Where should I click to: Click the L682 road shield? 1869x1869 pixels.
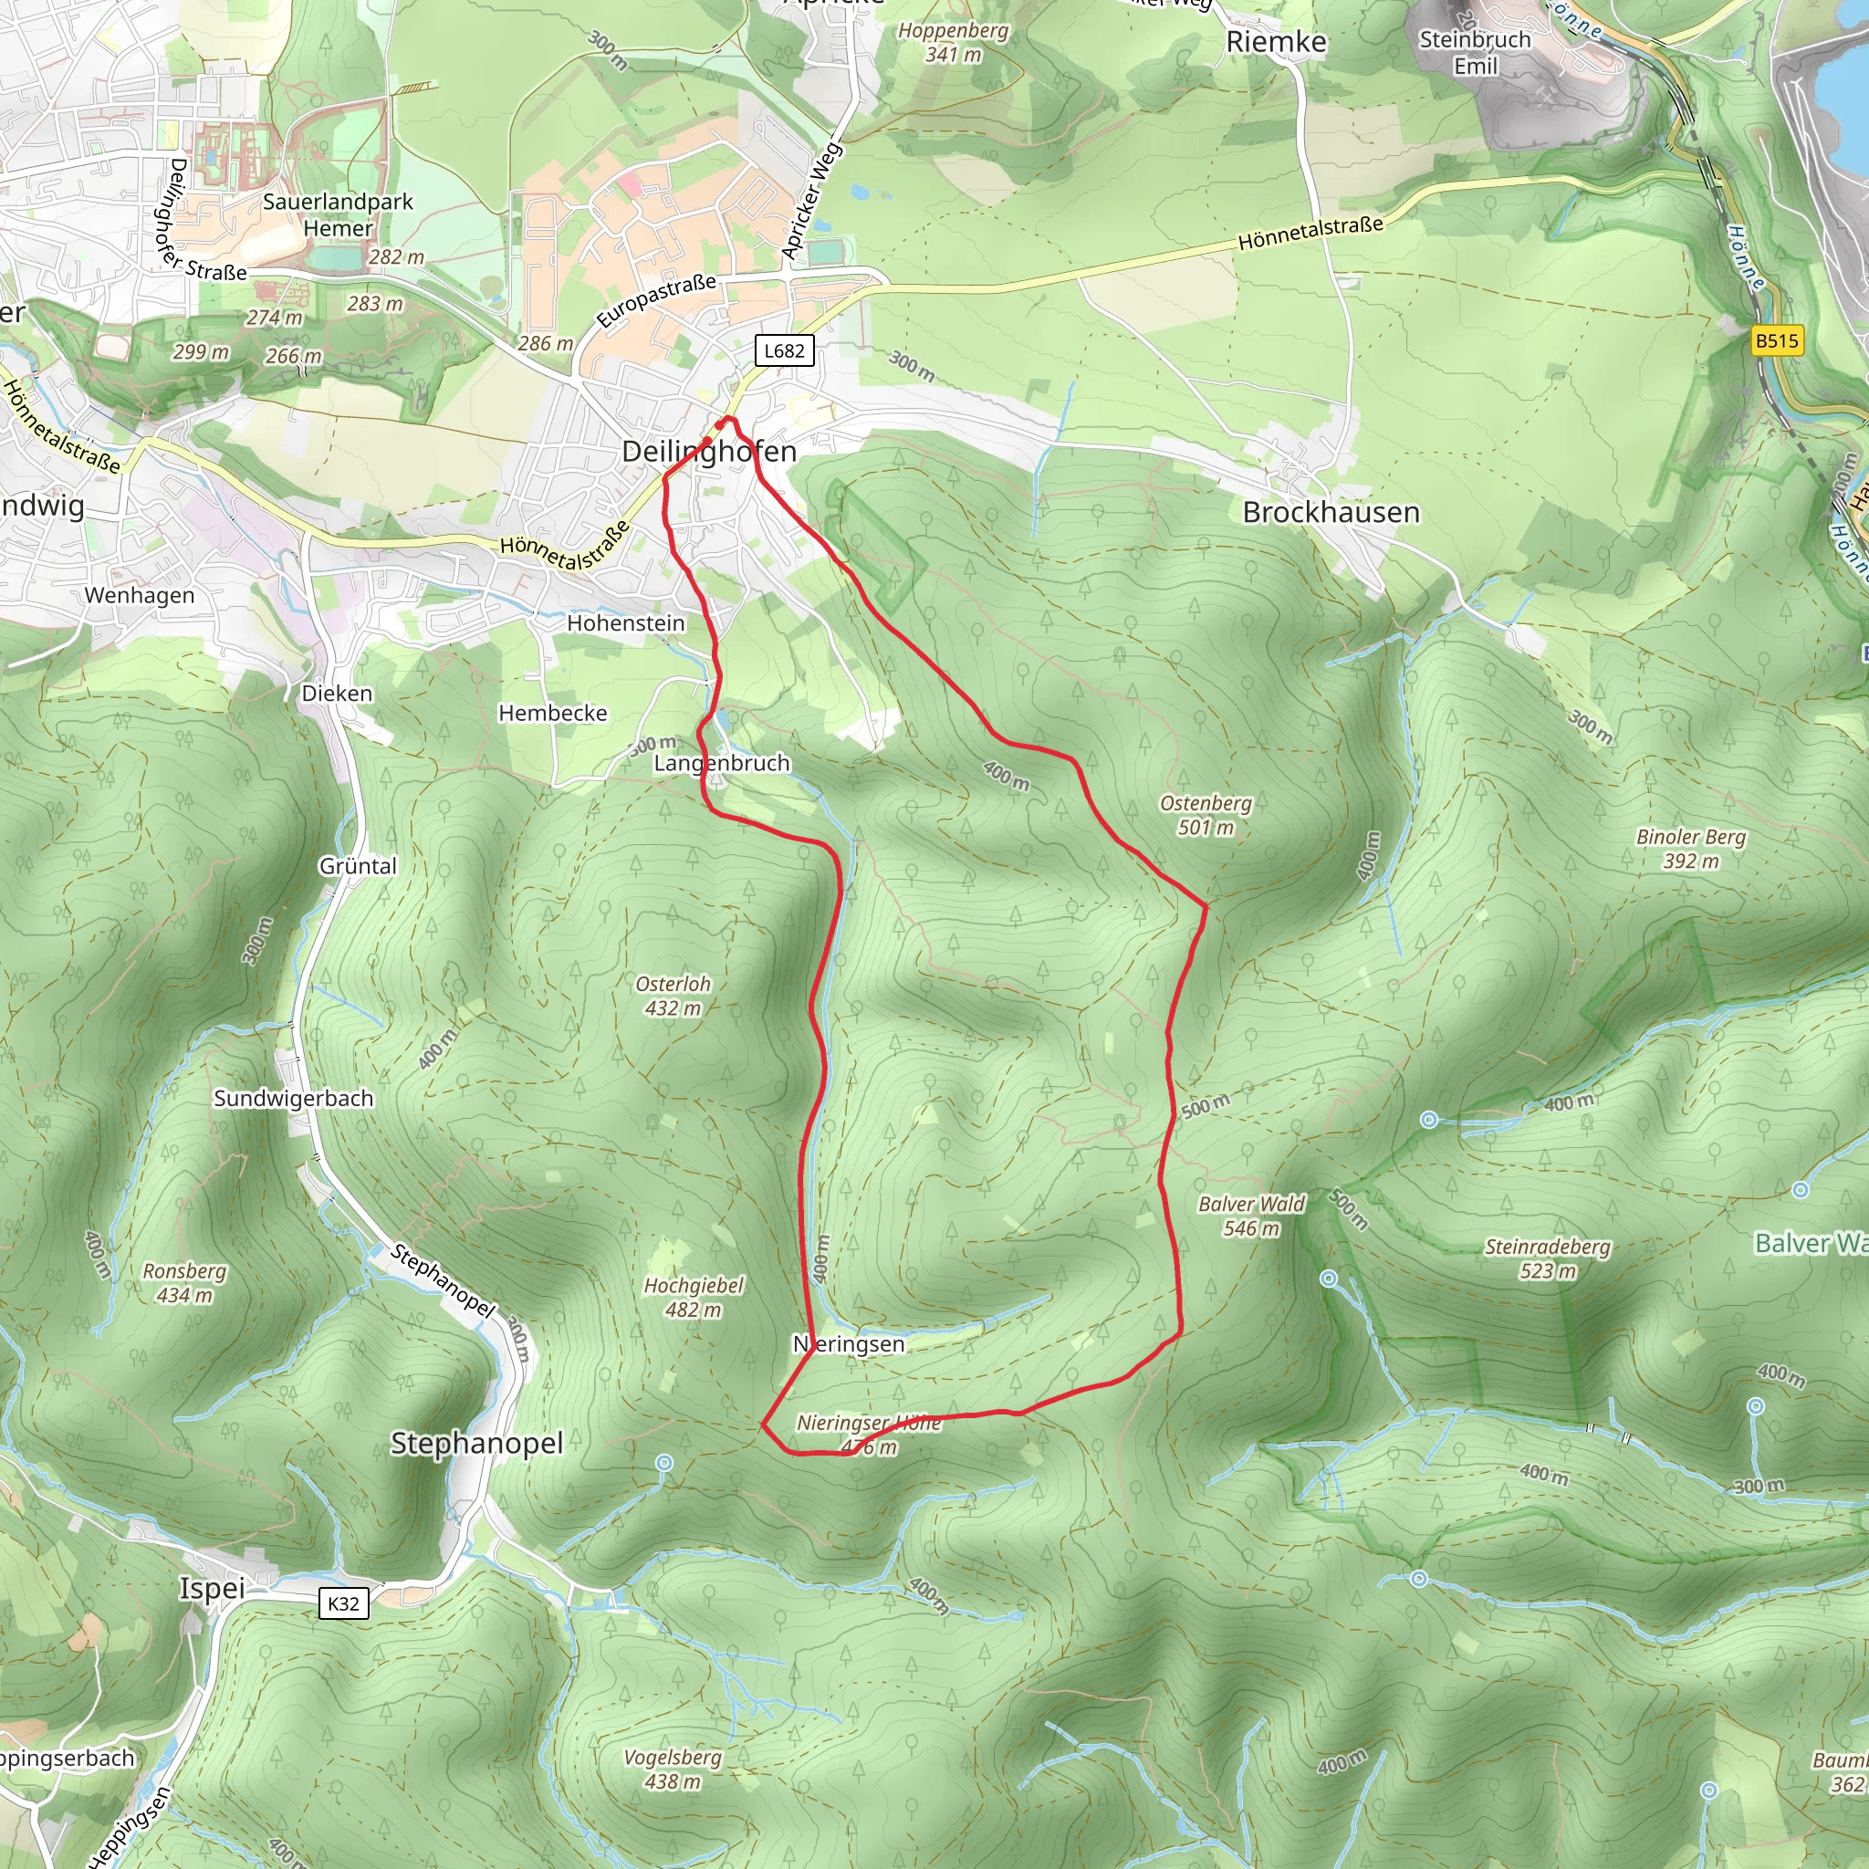[784, 350]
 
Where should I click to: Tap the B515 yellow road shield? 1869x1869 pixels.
[1777, 340]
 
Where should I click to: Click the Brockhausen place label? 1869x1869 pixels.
[1331, 512]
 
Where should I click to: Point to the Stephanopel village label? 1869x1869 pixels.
[477, 1443]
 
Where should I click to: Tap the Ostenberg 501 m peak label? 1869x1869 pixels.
[1206, 815]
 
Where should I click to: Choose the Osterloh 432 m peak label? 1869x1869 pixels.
[673, 996]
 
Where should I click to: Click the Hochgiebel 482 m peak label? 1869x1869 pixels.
[694, 1298]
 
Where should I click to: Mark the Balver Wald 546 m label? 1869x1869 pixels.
[1251, 1216]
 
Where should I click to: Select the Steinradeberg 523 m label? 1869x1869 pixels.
[1548, 1258]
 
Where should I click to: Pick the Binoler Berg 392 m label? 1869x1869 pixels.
[1691, 849]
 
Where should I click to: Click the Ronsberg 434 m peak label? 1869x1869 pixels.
[184, 1283]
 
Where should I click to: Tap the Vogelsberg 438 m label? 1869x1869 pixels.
[673, 1770]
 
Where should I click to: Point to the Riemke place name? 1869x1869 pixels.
[1276, 42]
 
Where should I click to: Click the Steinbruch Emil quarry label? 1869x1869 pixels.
[1476, 52]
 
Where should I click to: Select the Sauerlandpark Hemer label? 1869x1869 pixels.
[338, 214]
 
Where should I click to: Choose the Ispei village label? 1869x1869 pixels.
[212, 1589]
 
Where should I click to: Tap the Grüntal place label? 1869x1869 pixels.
[358, 866]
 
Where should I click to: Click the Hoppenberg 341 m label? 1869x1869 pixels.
[953, 43]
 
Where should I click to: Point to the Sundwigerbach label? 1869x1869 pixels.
[293, 1098]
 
